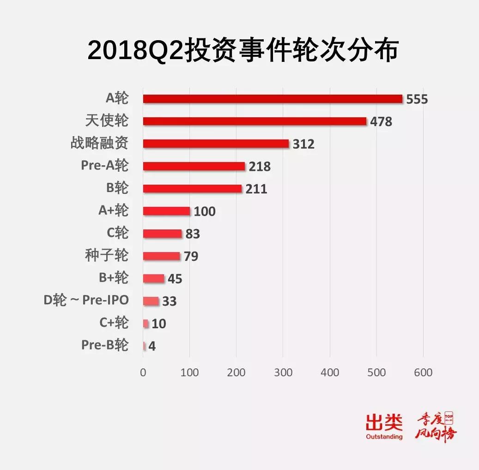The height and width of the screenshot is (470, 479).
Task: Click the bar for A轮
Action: point(273,99)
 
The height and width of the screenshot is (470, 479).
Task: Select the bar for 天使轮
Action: point(255,121)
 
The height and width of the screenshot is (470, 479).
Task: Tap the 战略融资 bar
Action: point(216,144)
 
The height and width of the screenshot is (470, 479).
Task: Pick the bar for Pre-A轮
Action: point(194,166)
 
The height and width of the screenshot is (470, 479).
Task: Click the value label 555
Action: point(417,99)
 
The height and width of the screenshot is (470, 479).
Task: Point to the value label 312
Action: point(303,144)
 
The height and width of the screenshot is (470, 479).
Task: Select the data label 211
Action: point(256,189)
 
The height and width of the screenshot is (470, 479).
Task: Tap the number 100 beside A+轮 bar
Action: point(205,211)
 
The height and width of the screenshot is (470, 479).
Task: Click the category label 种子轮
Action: point(107,255)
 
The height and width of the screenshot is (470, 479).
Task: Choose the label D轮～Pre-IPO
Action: point(86,300)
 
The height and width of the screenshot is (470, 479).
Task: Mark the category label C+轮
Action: point(114,322)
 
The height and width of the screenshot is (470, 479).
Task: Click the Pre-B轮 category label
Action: point(105,345)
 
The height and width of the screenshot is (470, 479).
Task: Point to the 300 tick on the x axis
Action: point(283,373)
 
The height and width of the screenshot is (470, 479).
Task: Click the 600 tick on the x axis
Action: point(423,373)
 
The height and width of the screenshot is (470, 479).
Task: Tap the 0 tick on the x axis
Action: point(143,373)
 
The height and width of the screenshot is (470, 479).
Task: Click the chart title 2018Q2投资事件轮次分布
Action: point(243,51)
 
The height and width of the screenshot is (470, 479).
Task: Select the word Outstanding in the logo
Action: point(384,436)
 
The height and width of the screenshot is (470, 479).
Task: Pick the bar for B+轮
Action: point(154,278)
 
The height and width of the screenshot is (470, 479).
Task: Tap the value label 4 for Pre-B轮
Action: point(152,346)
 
